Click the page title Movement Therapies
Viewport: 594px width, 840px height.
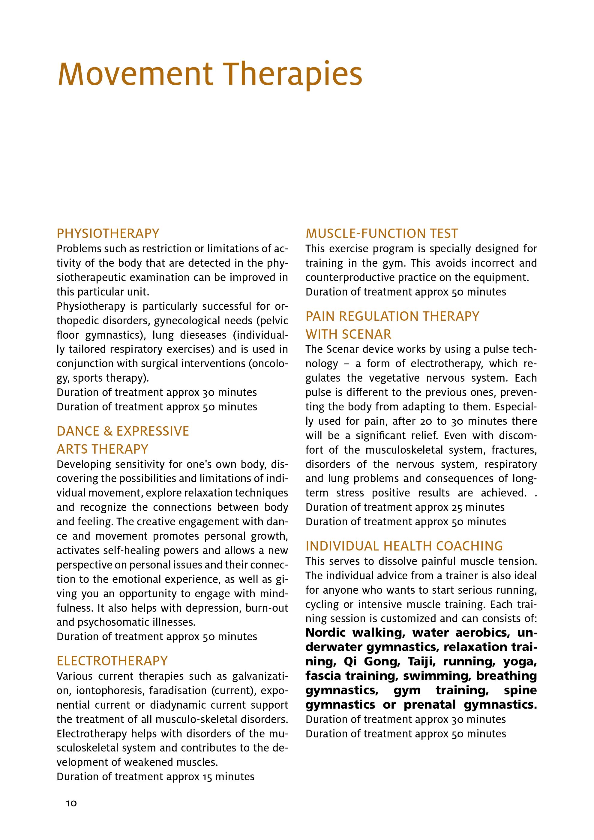[210, 74]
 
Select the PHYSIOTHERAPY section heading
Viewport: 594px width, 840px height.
[108, 233]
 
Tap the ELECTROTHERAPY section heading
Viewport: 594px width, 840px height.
[112, 661]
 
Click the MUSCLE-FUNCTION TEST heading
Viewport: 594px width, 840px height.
[382, 233]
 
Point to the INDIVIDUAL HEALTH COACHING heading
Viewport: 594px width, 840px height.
[404, 546]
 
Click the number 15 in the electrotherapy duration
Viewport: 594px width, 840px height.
[207, 777]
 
